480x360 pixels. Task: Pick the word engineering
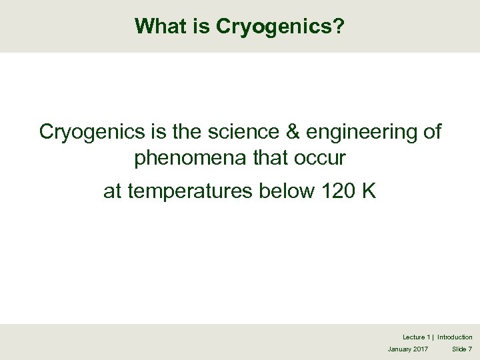(359, 133)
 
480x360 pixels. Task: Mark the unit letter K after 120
(369, 191)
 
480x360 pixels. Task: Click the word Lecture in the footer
(413, 337)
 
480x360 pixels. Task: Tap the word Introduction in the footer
(455, 337)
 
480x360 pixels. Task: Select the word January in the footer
(399, 349)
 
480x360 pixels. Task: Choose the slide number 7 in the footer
(470, 349)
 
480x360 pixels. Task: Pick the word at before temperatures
(112, 192)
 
